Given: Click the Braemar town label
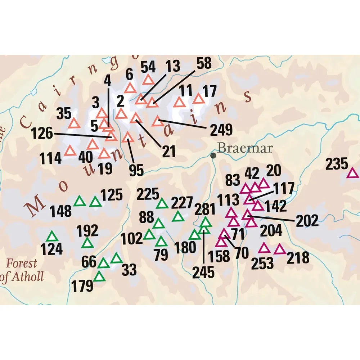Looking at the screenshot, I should pyautogui.click(x=245, y=148).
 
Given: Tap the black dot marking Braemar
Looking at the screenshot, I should pyautogui.click(x=213, y=156).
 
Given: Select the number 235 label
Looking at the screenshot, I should pyautogui.click(x=337, y=165).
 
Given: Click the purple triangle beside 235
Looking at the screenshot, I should pyautogui.click(x=352, y=174).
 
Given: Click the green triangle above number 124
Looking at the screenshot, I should pyautogui.click(x=52, y=237).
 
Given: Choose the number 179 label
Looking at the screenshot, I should pyautogui.click(x=82, y=287).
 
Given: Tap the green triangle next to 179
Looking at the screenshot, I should pyautogui.click(x=99, y=277).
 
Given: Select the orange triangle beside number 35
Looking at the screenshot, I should pyautogui.click(x=74, y=123).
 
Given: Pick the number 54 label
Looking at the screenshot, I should pyautogui.click(x=148, y=67).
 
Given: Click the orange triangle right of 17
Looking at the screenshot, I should pyautogui.click(x=199, y=99).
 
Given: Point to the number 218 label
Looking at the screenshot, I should pyautogui.click(x=298, y=258).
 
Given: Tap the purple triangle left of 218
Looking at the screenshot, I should pyautogui.click(x=280, y=249).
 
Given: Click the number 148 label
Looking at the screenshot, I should pyautogui.click(x=61, y=211).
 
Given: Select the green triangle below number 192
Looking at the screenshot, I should pyautogui.click(x=87, y=243).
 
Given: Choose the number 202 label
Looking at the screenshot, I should pyautogui.click(x=307, y=221).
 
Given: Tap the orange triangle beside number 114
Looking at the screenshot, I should pyautogui.click(x=70, y=150).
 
